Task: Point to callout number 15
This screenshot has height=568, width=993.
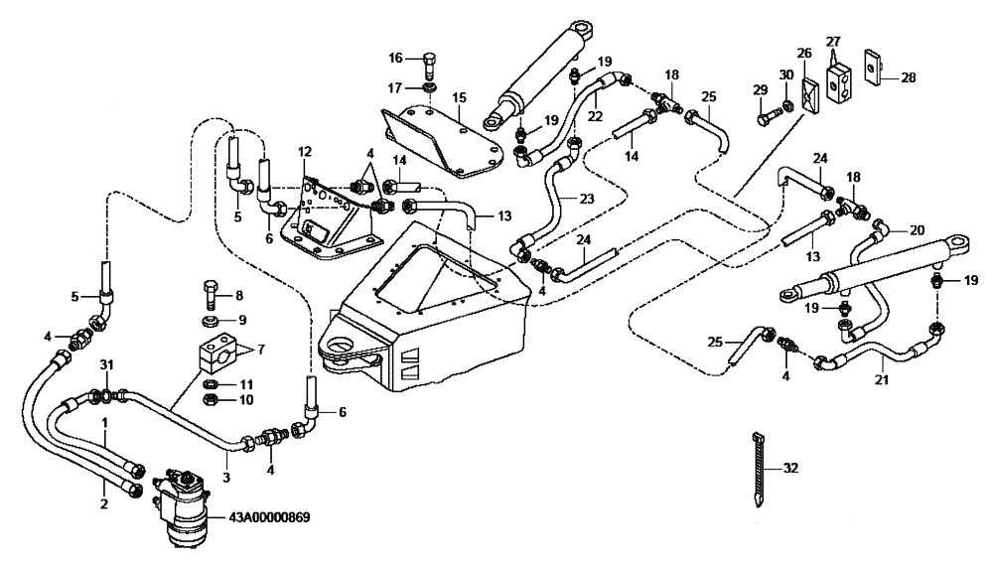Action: (x=460, y=97)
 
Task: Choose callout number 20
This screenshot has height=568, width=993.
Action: (x=917, y=227)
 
